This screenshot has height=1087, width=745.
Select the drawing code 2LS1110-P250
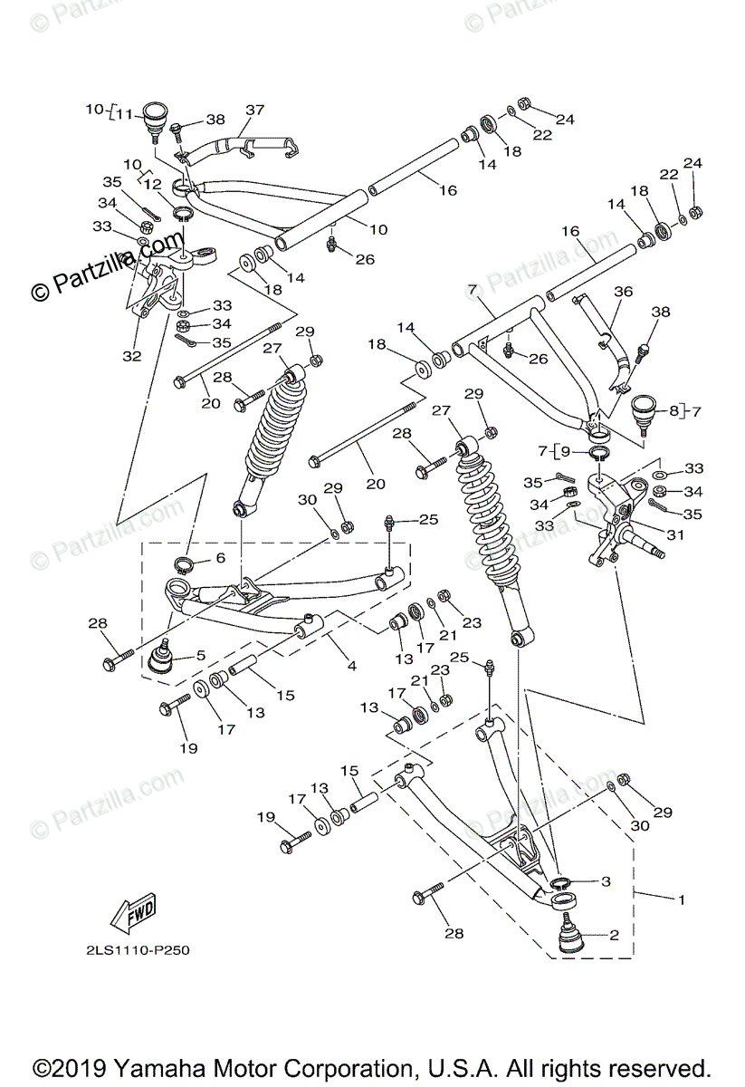coord(133,950)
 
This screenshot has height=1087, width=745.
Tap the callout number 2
coord(614,935)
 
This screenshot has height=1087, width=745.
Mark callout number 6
coord(220,558)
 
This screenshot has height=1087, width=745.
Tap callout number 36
coord(624,293)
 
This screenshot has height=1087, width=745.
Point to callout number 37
coord(254,111)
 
